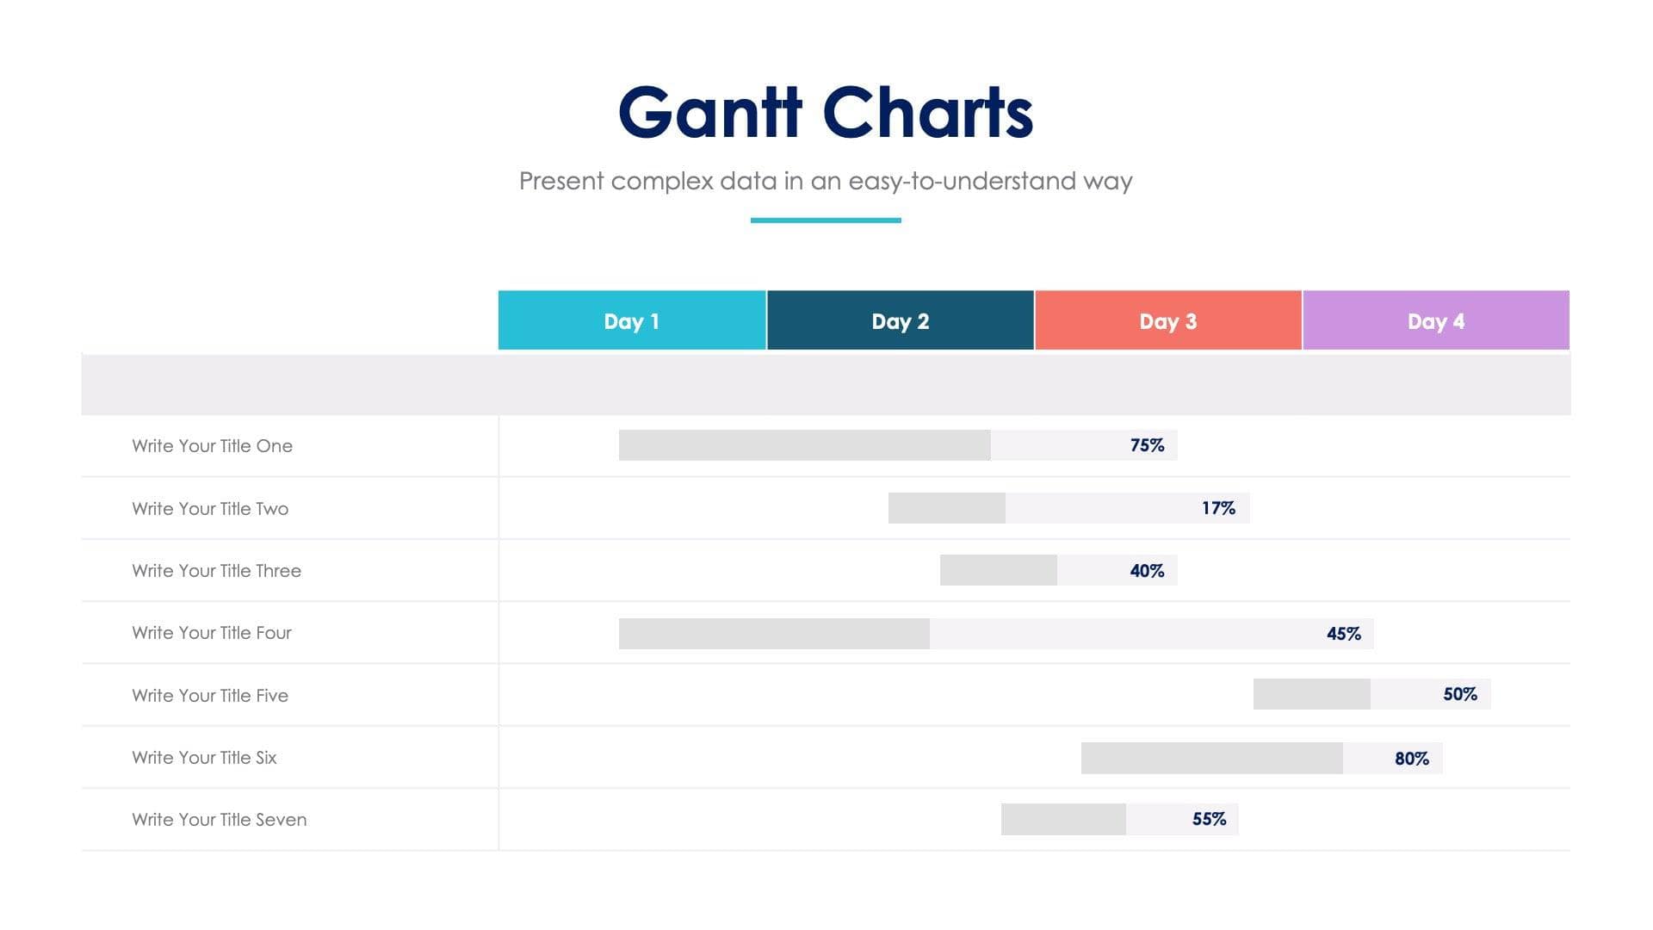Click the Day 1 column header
[x=632, y=321]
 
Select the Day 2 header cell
[x=900, y=321]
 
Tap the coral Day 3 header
[x=1167, y=321]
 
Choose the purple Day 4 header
[x=1435, y=321]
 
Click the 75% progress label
[x=1147, y=445]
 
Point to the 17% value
[x=1218, y=508]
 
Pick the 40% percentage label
[x=1147, y=571]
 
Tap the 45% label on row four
[x=1343, y=634]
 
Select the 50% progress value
[x=1460, y=694]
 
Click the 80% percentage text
[x=1412, y=759]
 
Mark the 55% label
[x=1209, y=819]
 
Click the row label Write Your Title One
[x=212, y=446]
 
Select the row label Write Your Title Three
[x=216, y=571]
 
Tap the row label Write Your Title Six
[x=204, y=758]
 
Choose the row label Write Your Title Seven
[x=219, y=820]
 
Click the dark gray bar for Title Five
[x=1311, y=694]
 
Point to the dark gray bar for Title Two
[x=946, y=508]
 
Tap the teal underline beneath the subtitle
[x=826, y=220]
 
